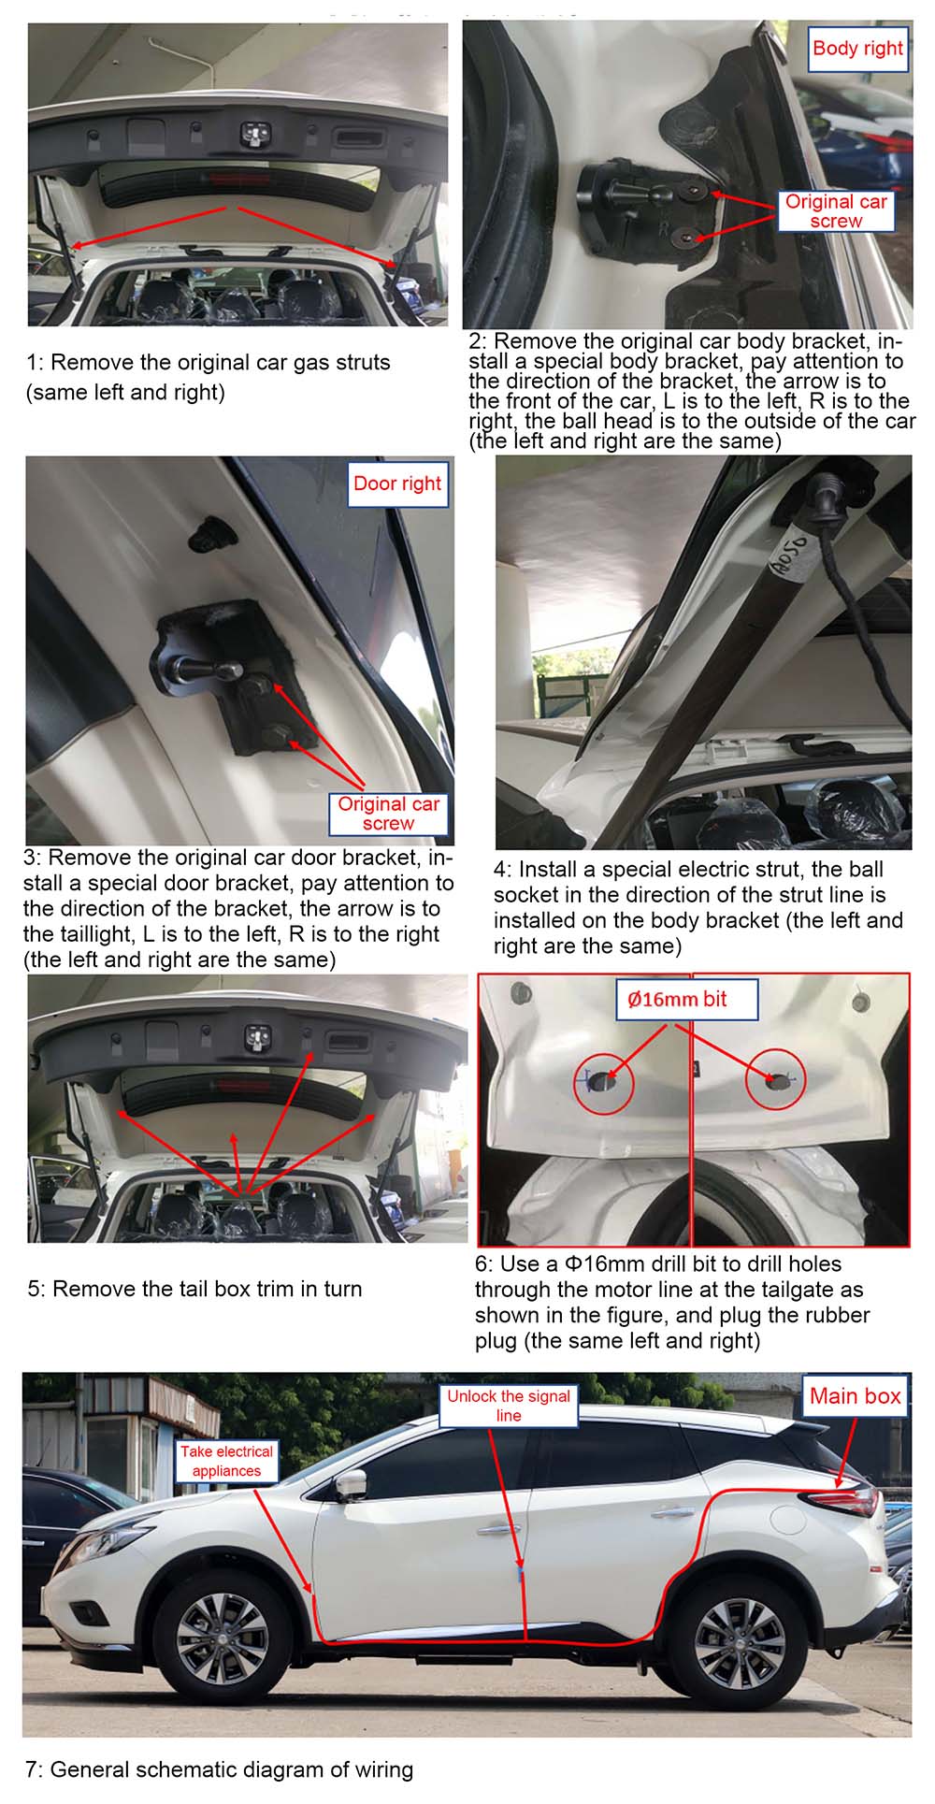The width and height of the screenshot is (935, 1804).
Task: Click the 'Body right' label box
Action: tap(857, 49)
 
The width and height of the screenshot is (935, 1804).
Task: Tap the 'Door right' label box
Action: tap(397, 483)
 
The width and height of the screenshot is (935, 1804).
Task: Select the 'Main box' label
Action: tap(855, 1395)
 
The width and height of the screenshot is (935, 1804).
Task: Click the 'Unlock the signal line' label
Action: tap(509, 1406)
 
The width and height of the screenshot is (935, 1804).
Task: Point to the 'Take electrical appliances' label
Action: tap(226, 1461)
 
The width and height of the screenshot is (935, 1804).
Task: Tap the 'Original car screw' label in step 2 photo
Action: tap(836, 211)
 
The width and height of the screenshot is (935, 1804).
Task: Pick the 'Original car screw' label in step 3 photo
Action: tap(388, 814)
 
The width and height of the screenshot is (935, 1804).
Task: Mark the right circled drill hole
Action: tap(779, 1082)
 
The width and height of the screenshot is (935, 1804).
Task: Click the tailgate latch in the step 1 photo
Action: tap(254, 135)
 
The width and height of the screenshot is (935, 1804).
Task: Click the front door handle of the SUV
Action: tap(496, 1530)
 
